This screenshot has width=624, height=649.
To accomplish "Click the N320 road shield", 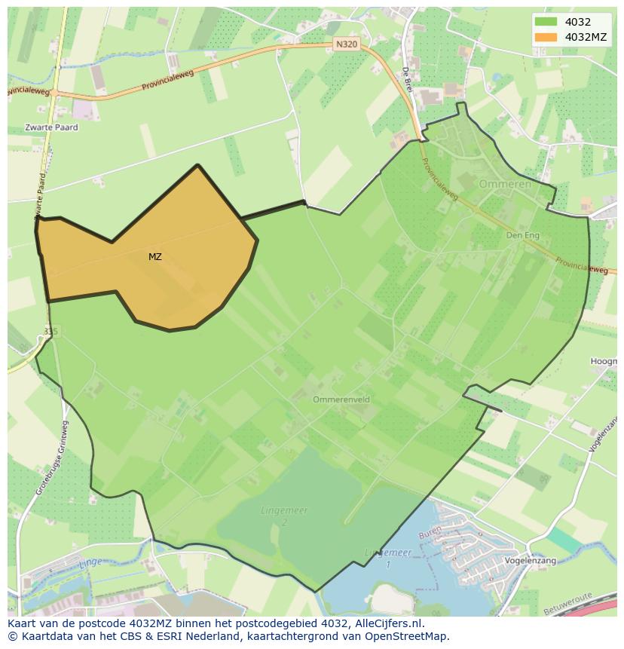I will click(x=346, y=44).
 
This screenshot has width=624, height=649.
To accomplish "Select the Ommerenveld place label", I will click(x=341, y=400).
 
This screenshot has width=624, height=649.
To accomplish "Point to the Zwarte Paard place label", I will click(x=51, y=127).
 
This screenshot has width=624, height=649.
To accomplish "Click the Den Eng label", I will click(x=522, y=235).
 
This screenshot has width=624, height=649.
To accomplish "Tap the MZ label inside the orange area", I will click(x=154, y=257).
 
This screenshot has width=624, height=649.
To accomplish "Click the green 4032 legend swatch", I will click(x=546, y=23).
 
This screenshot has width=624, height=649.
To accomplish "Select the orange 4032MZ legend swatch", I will click(x=546, y=37).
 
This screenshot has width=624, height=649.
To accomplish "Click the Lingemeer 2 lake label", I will click(x=285, y=516).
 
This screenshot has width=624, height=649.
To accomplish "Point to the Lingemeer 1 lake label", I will click(x=388, y=557).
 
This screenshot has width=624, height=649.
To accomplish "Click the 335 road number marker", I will click(x=50, y=331).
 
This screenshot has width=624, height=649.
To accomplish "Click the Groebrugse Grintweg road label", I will click(x=52, y=466).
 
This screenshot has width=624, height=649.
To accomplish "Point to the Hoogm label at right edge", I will click(x=604, y=362).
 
